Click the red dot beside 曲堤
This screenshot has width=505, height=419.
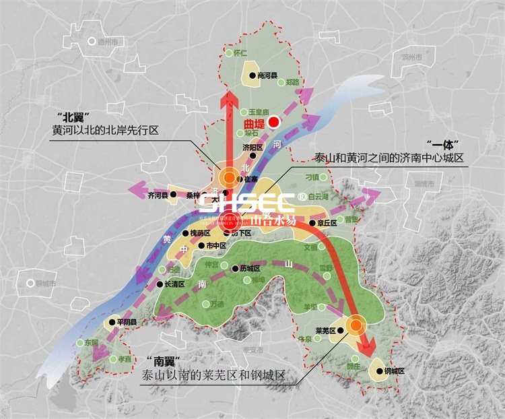[x=274, y=122]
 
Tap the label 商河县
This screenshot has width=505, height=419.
[x=267, y=76]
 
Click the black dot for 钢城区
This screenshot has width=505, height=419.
[x=379, y=371]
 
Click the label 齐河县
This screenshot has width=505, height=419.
[x=156, y=196]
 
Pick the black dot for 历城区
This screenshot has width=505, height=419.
[x=235, y=268]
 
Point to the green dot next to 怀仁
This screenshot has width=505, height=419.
[x=228, y=53]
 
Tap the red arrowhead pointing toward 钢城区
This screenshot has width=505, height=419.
[x=366, y=350]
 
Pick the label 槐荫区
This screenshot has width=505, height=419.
[x=201, y=233]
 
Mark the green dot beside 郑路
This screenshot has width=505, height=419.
[x=280, y=82]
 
